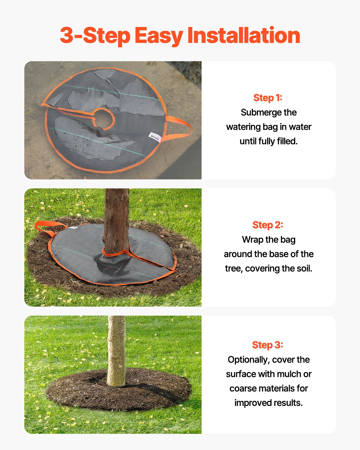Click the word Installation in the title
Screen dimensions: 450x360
[x=244, y=35]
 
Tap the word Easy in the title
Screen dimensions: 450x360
[x=159, y=36]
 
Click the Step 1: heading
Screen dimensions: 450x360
[x=268, y=98]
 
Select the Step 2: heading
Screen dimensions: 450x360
[x=268, y=225]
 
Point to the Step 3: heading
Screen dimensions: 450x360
[x=268, y=345]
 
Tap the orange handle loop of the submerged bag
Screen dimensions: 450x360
[x=181, y=127]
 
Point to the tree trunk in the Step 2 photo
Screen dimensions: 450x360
[x=116, y=219]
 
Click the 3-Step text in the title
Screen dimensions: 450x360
[x=95, y=35]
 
